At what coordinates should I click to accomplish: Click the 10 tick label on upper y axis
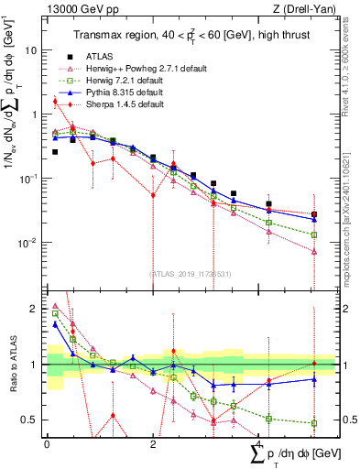point(30,50)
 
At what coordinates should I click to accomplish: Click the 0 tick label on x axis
point(47,442)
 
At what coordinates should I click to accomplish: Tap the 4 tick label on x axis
point(258,442)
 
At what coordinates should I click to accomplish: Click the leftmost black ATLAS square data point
point(55,152)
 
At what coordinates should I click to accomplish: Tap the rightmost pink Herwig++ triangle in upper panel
point(314,252)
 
